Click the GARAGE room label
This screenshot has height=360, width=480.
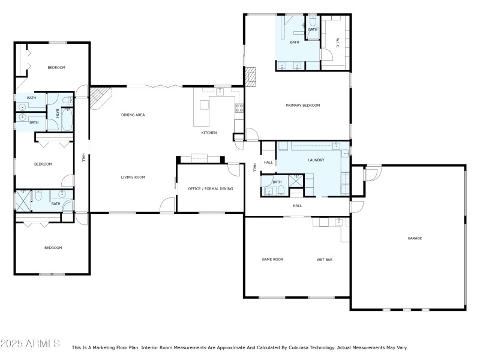[415, 238]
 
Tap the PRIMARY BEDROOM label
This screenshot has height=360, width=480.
[302, 106]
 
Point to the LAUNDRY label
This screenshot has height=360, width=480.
[316, 160]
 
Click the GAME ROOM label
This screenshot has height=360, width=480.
[272, 260]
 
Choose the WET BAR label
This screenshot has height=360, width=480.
[325, 260]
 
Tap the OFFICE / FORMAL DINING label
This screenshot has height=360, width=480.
[210, 189]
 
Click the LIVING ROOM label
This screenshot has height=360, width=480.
[133, 178]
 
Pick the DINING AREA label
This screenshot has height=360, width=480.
[133, 115]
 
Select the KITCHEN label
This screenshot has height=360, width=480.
[209, 133]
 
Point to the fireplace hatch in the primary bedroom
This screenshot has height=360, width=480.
[250, 76]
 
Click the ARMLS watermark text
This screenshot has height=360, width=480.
[30, 344]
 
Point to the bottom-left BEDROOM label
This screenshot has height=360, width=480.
[53, 248]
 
